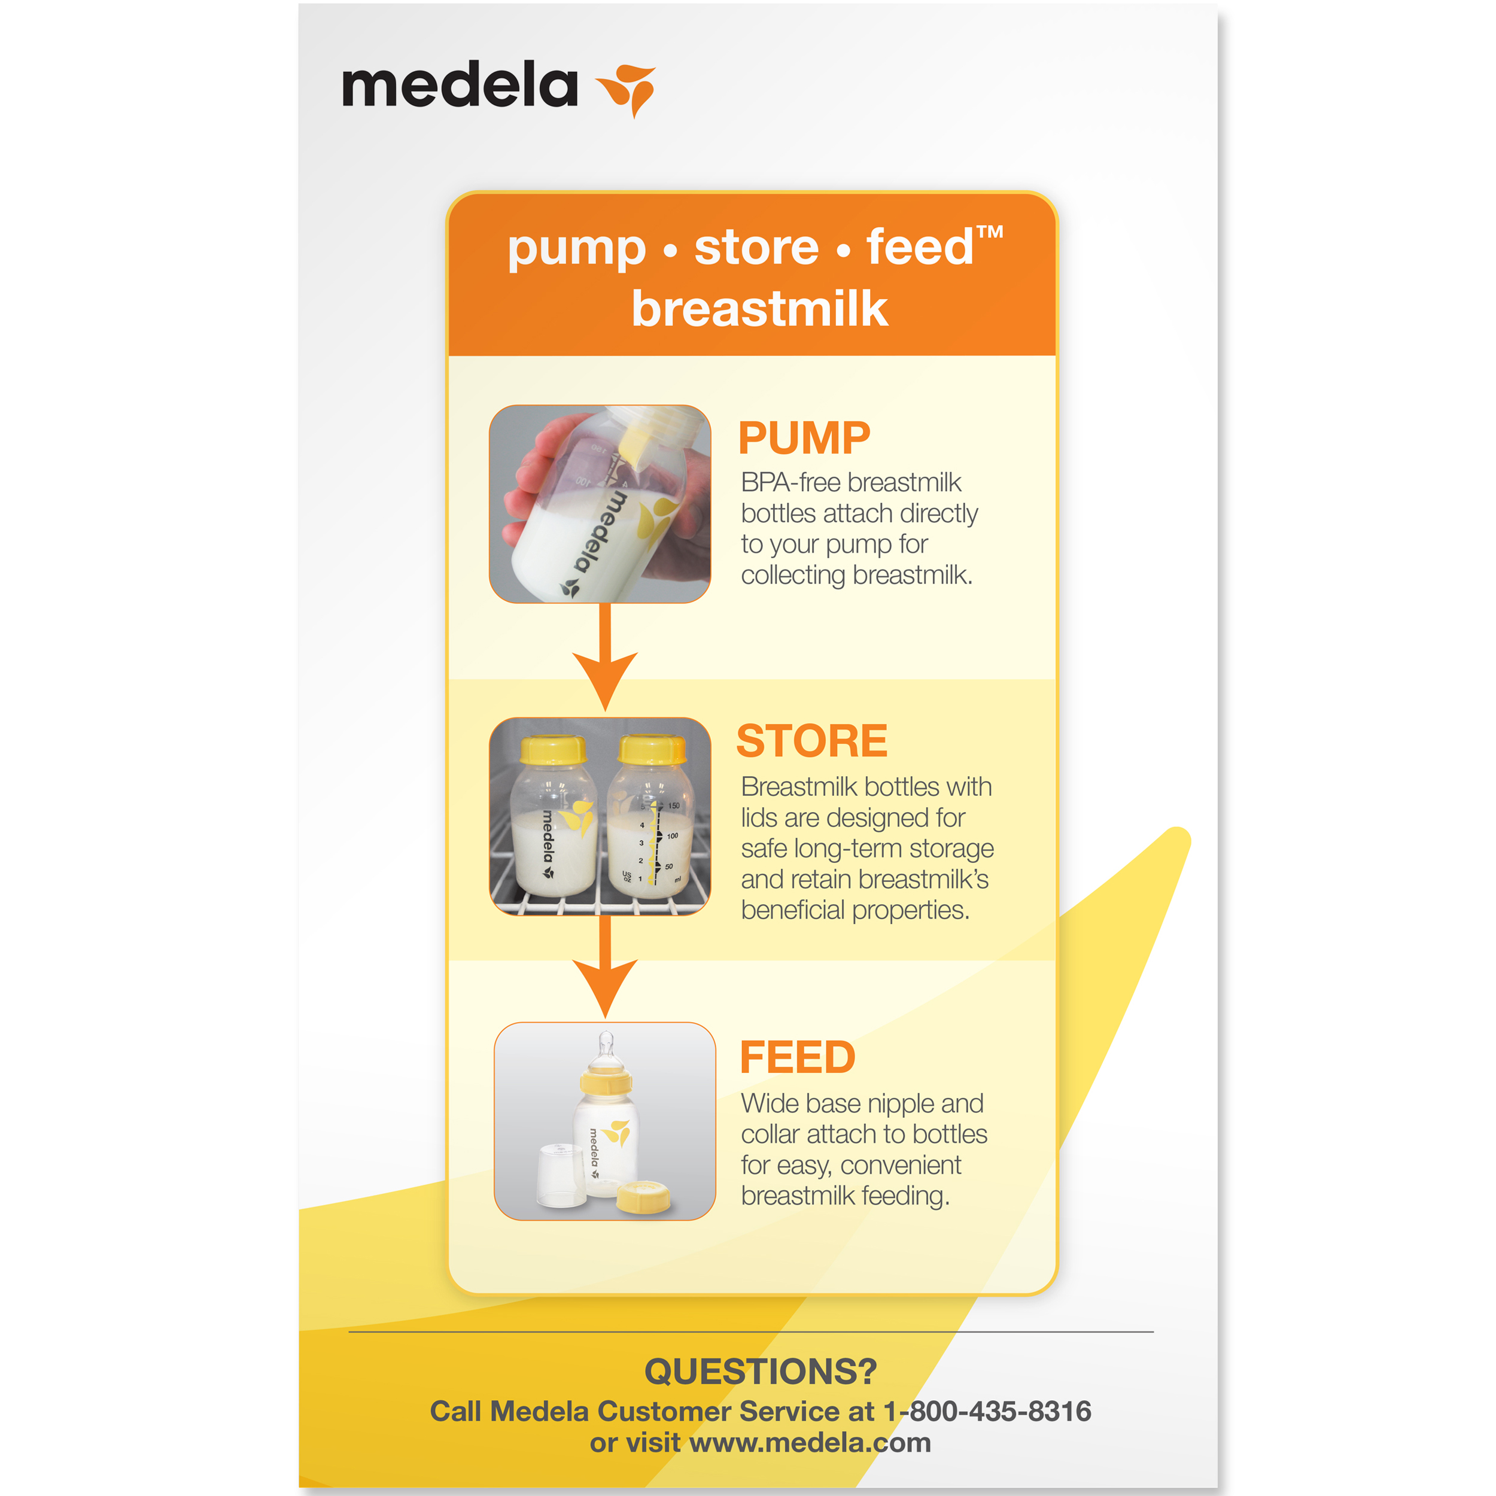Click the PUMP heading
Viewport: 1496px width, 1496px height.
804,437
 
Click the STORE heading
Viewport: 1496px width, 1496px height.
811,740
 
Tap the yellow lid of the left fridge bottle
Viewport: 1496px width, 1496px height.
552,750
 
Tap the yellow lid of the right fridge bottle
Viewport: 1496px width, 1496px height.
653,750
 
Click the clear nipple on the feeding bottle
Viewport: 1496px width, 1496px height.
606,1051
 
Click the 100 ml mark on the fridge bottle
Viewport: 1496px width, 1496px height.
672,835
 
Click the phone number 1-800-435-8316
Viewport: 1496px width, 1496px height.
987,1411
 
